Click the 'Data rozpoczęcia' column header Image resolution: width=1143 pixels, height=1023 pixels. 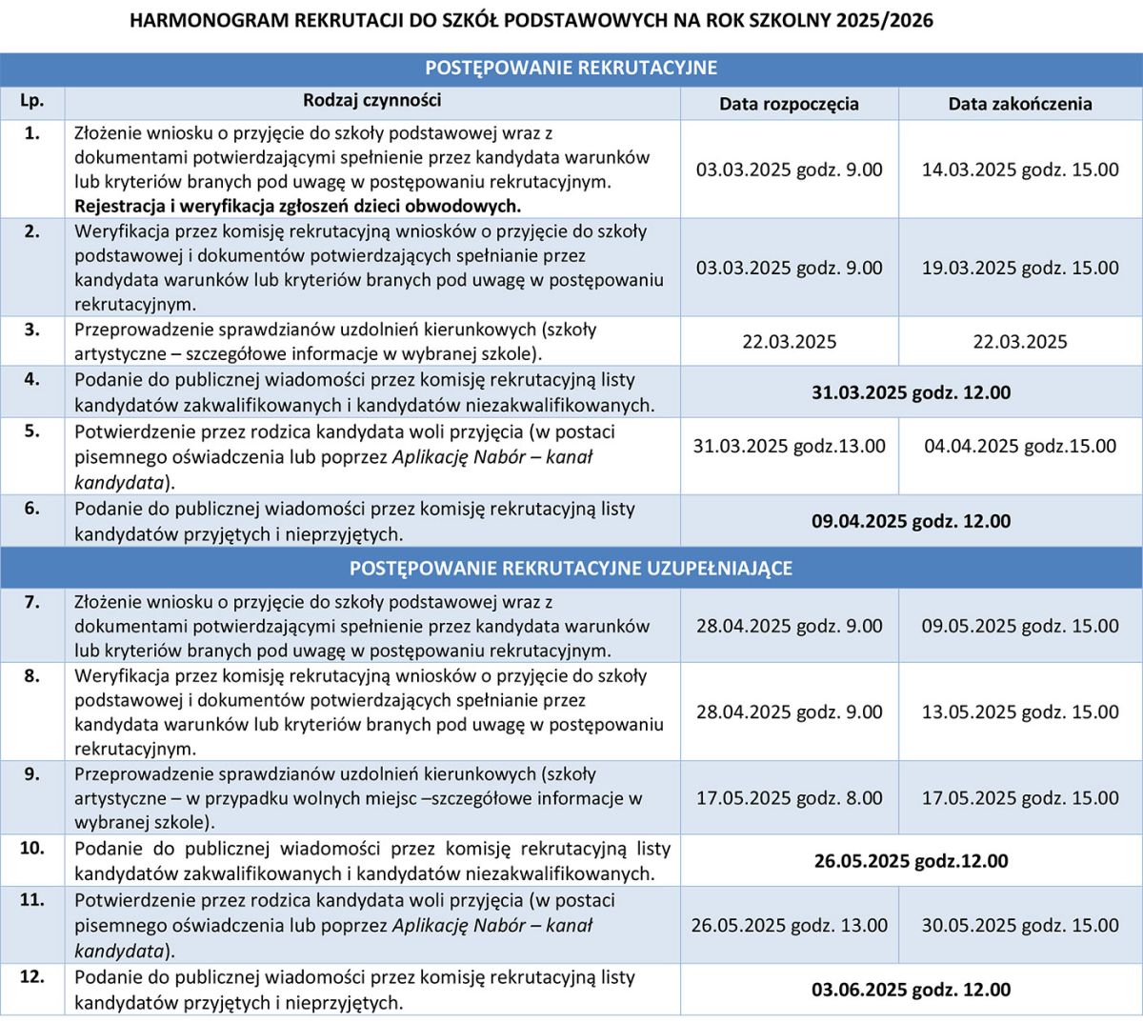coord(789,104)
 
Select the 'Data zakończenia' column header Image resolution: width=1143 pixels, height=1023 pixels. coord(1019,104)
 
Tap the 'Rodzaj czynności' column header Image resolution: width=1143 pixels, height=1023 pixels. coord(371,100)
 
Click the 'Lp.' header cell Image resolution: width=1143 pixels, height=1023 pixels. coord(31,100)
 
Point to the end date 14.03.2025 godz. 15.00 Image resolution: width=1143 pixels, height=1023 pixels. coord(1020,170)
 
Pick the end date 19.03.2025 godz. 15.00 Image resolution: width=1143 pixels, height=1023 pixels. coord(1020,268)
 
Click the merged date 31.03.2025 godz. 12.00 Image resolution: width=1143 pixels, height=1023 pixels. coord(911,392)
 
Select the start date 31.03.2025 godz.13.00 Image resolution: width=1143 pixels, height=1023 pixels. coord(789,446)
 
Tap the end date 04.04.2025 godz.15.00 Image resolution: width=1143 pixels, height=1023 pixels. coord(1020,446)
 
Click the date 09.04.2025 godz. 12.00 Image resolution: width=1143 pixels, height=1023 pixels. coord(911,521)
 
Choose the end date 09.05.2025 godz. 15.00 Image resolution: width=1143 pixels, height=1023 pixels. coord(1020,626)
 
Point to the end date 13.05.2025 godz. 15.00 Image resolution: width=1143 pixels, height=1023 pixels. coord(1020,712)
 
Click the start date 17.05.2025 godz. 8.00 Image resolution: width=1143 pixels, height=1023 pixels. coord(789,798)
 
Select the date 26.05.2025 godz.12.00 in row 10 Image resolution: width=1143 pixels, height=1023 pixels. coord(911,861)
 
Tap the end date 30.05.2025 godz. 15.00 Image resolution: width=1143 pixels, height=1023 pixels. coord(1020,925)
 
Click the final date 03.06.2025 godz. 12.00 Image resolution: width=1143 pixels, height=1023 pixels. coord(911,990)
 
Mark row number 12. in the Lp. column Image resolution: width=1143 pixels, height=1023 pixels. coord(31,976)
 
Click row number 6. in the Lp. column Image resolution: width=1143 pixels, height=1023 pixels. coord(31,508)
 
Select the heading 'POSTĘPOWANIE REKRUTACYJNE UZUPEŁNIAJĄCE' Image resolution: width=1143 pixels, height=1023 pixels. coord(571,569)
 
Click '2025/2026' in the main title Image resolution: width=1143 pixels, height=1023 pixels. coord(885,20)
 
